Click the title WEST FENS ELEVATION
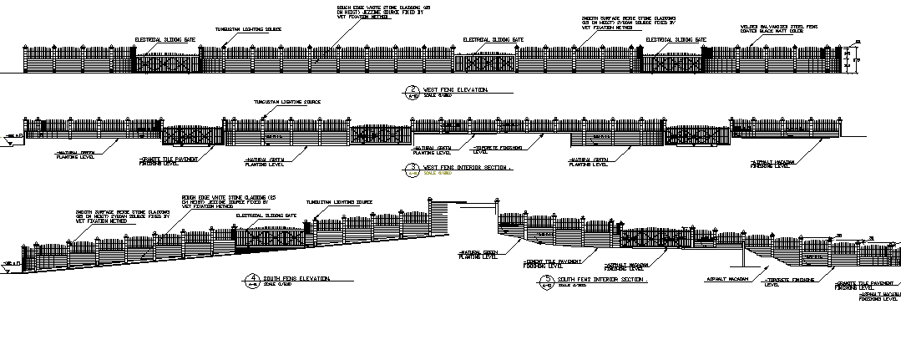[455, 89]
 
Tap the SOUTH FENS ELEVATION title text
[298, 278]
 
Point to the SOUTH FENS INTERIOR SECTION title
[601, 279]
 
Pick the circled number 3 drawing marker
[411, 169]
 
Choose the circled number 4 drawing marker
[253, 279]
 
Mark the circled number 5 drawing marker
[547, 280]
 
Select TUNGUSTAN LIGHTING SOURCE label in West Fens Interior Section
[287, 102]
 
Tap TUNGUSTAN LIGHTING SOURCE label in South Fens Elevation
[339, 202]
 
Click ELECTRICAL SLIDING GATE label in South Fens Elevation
[266, 215]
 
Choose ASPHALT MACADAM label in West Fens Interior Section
[771, 164]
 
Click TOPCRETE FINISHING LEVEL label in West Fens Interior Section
[499, 149]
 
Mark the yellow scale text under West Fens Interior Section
[436, 174]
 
